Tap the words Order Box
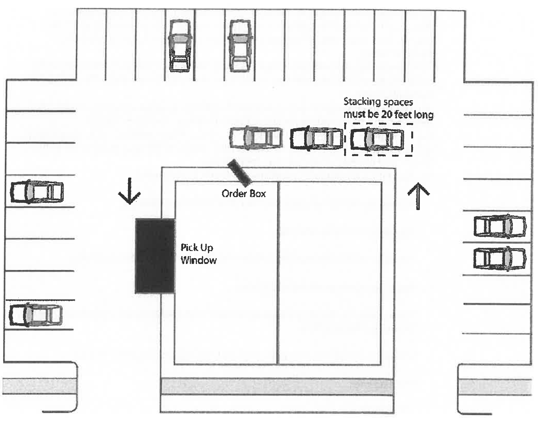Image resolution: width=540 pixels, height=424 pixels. [243, 194]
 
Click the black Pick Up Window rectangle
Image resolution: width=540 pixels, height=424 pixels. [155, 256]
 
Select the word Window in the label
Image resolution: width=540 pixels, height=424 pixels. [198, 260]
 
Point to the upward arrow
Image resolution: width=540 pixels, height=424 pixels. [418, 196]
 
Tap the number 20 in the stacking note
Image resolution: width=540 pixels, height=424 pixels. [386, 114]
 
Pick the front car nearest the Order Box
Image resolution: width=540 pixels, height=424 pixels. [256, 137]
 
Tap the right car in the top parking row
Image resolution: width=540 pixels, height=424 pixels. [240, 46]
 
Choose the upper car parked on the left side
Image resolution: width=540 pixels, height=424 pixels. [37, 192]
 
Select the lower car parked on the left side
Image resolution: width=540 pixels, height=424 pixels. [35, 315]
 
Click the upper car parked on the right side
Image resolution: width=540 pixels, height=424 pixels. [500, 226]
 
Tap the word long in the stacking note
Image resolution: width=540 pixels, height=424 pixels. [423, 115]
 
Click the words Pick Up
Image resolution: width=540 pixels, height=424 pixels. [197, 248]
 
